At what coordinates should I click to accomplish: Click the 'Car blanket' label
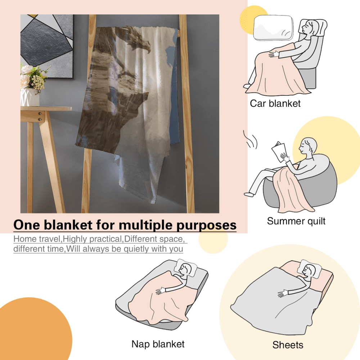[x=275, y=104]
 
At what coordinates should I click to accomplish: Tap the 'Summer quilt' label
[x=296, y=221]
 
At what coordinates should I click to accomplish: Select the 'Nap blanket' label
[x=158, y=344]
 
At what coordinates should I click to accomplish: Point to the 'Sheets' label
[x=288, y=345]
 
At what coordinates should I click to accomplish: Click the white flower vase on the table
[x=30, y=97]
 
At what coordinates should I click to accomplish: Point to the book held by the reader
[x=279, y=151]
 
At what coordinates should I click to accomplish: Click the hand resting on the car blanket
[x=274, y=54]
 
